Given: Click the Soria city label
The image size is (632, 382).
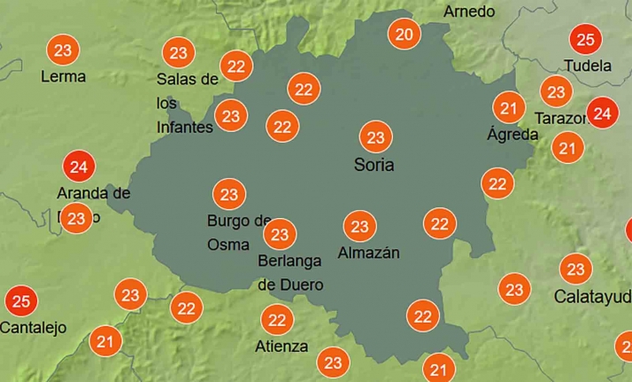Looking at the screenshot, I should pyautogui.click(x=374, y=165).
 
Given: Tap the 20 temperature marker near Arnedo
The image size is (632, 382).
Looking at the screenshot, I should pyautogui.click(x=405, y=35).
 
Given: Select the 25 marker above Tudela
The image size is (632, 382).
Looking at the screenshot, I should pyautogui.click(x=584, y=40).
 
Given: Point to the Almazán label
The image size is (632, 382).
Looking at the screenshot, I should pyautogui.click(x=368, y=253).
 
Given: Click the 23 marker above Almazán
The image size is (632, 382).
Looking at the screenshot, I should pyautogui.click(x=359, y=227).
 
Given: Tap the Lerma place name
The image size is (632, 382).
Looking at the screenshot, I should pyautogui.click(x=64, y=77).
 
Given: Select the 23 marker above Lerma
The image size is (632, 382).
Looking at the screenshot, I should pyautogui.click(x=63, y=51).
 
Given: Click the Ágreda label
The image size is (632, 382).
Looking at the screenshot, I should pyautogui.click(x=513, y=135).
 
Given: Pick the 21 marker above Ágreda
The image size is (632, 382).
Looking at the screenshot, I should pyautogui.click(x=508, y=109).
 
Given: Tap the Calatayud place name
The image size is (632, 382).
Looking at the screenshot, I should pyautogui.click(x=592, y=296).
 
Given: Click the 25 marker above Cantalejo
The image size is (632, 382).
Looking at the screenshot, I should pyautogui.click(x=21, y=301).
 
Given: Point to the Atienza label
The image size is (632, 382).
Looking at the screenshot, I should pyautogui.click(x=281, y=346).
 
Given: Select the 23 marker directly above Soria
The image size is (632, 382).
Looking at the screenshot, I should pyautogui.click(x=375, y=137).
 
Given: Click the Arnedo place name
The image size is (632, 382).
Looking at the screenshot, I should pyautogui.click(x=469, y=12).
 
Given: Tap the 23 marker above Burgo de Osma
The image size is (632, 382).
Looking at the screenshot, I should pyautogui.click(x=229, y=194).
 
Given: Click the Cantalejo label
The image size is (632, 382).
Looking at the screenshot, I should pyautogui.click(x=34, y=328).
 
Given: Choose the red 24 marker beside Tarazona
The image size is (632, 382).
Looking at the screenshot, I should pyautogui.click(x=602, y=113).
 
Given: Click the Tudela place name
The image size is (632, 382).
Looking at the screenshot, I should pyautogui.click(x=588, y=66).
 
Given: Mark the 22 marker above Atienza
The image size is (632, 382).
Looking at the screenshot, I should pyautogui.click(x=277, y=319).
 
